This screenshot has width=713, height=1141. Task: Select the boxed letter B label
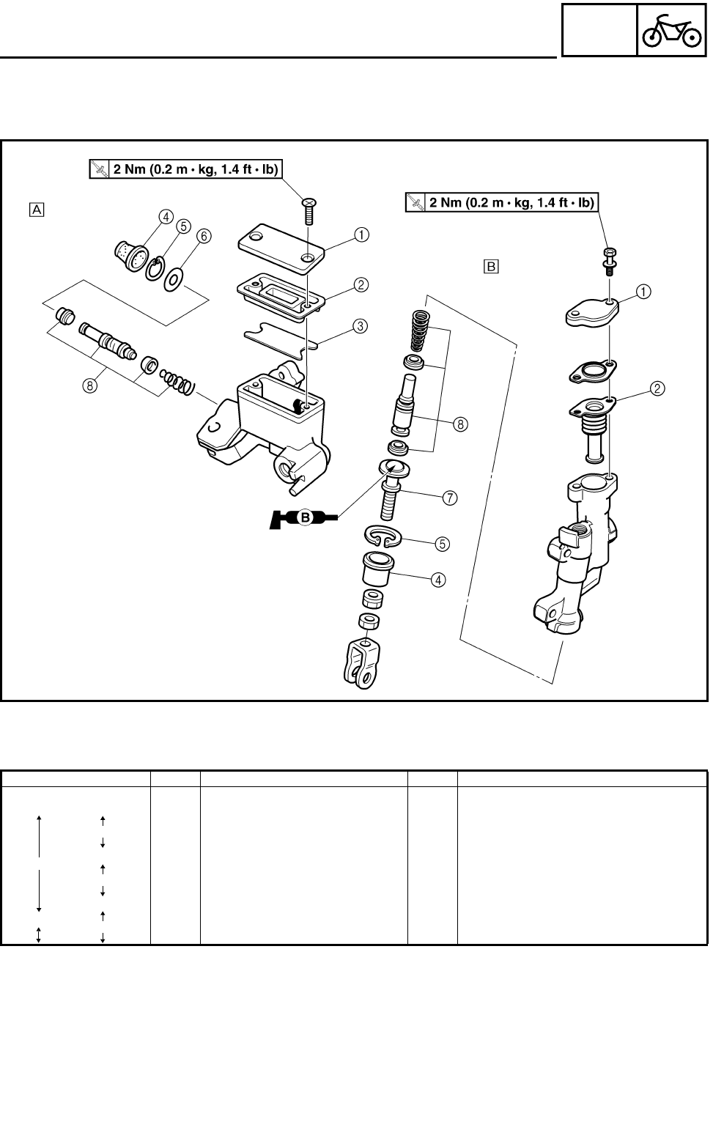[x=490, y=265]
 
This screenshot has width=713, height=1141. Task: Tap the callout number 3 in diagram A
[x=360, y=327]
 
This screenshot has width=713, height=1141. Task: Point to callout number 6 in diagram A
[x=204, y=236]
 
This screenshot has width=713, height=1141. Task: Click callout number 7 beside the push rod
[x=449, y=498]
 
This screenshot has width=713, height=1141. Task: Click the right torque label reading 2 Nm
[x=502, y=202]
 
